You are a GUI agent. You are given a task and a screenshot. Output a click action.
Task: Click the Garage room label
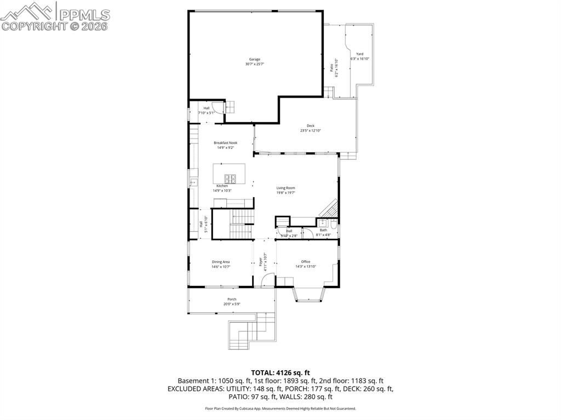click(254, 59)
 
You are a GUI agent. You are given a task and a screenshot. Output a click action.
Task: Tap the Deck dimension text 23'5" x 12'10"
click(310, 130)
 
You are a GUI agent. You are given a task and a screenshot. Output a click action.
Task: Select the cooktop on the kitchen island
click(231, 178)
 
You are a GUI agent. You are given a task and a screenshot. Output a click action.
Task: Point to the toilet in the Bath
click(333, 223)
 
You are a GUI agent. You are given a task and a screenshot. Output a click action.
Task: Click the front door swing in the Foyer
click(267, 280)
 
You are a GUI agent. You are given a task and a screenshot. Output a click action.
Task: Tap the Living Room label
click(285, 188)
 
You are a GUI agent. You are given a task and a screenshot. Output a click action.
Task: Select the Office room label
click(306, 262)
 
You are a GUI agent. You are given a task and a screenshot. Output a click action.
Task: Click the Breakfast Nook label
click(225, 142)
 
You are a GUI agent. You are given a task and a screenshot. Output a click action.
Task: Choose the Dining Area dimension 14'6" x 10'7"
click(221, 267)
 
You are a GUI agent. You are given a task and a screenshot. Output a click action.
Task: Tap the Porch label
click(232, 299)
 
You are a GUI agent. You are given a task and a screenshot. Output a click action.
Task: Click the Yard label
click(360, 54)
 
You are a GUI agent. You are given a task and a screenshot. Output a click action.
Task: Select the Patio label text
click(331, 68)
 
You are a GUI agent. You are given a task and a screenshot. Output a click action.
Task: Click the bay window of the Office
click(310, 295)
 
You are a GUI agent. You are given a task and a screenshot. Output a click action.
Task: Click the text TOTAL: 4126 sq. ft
click(280, 372)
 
